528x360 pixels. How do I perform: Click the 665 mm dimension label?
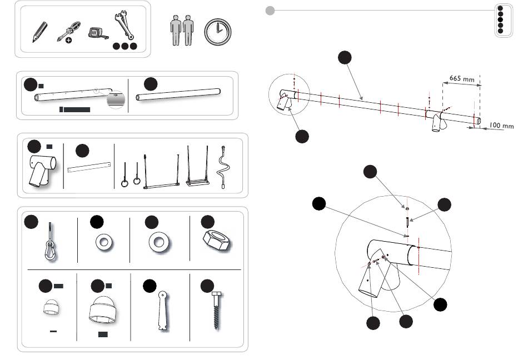(x=461, y=79)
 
